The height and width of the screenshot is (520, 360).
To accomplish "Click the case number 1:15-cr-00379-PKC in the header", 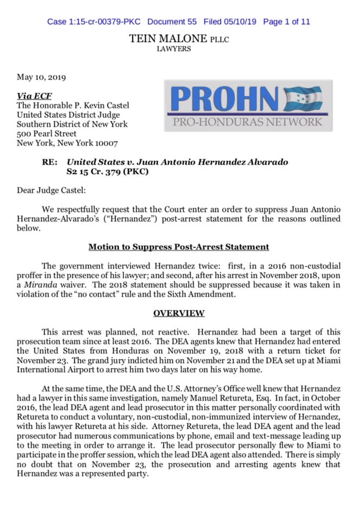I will (x=94, y=22).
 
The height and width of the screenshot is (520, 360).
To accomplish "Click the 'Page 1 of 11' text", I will (x=286, y=22).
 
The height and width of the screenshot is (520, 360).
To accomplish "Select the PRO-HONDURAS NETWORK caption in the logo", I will (x=247, y=121).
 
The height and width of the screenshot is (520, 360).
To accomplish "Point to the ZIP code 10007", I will (x=106, y=144).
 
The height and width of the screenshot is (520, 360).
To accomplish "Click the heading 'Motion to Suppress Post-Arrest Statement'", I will (x=178, y=247).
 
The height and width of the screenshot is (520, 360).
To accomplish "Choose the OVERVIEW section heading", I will (x=178, y=313).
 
